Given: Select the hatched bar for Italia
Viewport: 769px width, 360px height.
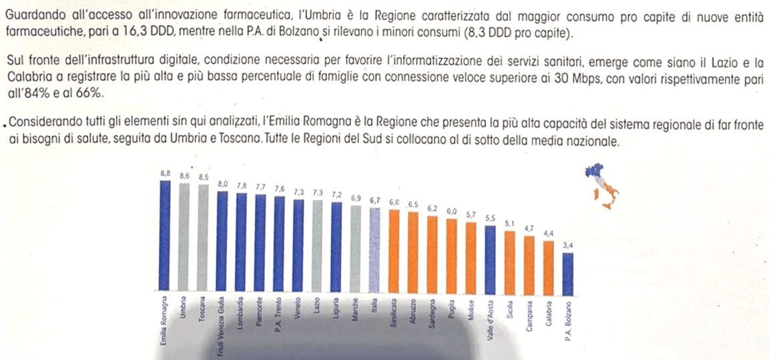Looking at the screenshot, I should tap(375, 250).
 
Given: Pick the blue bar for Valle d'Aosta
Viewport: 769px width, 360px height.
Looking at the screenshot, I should tap(491, 259).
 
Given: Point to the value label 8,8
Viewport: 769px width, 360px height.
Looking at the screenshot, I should tap(165, 173).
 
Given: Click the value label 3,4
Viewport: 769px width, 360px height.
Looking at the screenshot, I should tap(567, 246).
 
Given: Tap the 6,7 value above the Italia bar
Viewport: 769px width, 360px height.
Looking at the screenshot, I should tap(375, 200).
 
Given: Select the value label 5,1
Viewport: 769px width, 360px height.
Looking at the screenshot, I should tap(510, 224).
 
